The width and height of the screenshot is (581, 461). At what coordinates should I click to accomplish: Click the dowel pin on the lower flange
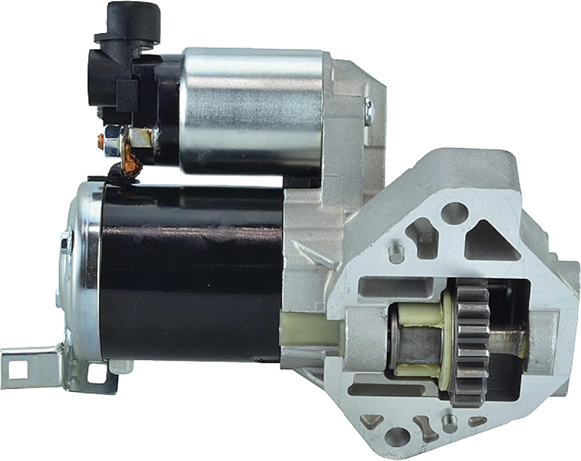[449, 420]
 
